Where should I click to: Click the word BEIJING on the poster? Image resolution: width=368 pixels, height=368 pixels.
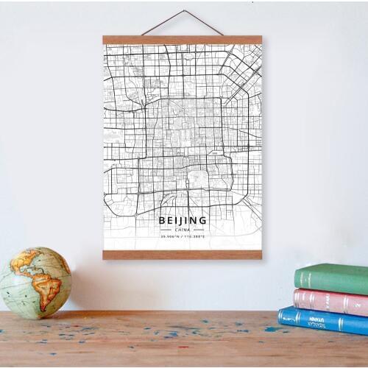183,219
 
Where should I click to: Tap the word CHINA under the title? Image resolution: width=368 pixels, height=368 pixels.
183,230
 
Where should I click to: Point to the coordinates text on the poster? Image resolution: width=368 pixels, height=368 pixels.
183,237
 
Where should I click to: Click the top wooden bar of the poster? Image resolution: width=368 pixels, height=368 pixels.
183,40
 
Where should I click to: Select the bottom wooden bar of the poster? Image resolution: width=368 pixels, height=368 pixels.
183,255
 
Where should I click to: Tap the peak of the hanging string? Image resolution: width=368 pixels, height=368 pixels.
183,12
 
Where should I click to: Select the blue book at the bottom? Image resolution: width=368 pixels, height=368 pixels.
324,321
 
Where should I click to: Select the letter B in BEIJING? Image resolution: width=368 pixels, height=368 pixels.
162,219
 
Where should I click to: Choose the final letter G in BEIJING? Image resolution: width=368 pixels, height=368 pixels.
203,219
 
